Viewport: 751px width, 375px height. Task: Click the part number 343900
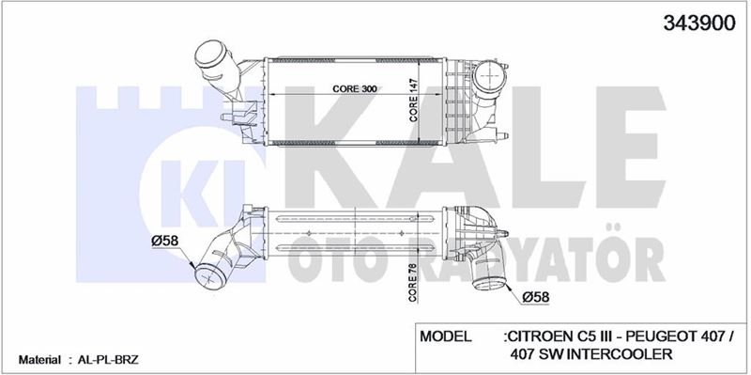click(x=698, y=23)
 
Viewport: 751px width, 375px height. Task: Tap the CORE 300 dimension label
click(x=355, y=89)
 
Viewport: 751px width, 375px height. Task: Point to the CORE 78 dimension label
click(x=413, y=283)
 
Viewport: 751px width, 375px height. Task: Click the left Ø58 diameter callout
click(x=165, y=241)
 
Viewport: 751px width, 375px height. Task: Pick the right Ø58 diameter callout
click(x=535, y=297)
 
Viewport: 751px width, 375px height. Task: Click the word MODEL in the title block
click(x=445, y=336)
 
